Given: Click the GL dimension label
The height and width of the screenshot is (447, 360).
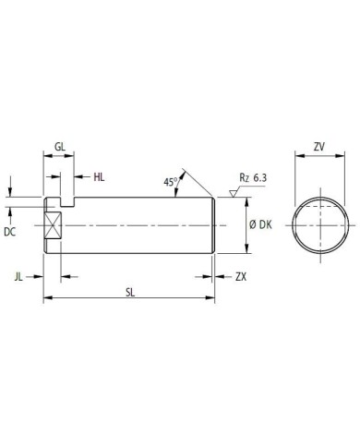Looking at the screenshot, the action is [x=60, y=147].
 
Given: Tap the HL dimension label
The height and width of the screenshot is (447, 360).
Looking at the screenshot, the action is [x=99, y=177].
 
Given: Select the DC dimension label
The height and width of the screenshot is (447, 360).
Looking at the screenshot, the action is [x=9, y=232].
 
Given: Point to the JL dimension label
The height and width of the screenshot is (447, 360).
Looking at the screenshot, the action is [x=18, y=277].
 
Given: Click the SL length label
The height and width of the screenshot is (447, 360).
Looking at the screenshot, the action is [x=130, y=293].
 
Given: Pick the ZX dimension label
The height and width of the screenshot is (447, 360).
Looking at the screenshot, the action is [x=241, y=277].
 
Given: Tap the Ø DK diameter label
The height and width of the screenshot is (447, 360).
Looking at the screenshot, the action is [x=260, y=225].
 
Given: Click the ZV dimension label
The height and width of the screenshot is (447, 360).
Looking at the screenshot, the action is [x=319, y=147].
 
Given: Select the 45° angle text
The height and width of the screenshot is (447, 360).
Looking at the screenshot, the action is [x=171, y=182].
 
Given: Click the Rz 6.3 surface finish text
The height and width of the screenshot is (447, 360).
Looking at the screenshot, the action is [x=253, y=178].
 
